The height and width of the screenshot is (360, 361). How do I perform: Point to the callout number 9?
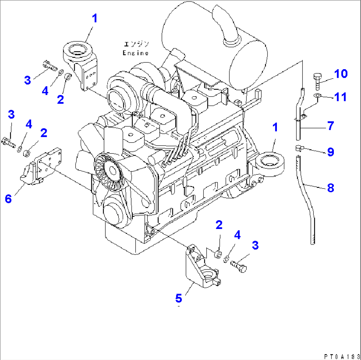(330, 152)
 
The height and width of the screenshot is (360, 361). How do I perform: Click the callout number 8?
(330, 188)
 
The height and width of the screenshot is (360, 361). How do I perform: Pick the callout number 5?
(179, 298)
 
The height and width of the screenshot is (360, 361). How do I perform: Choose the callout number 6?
(8, 199)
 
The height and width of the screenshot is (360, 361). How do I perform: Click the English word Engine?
(135, 53)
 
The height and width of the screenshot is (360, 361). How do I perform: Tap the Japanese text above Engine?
(136, 44)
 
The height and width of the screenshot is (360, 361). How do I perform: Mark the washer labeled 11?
(317, 96)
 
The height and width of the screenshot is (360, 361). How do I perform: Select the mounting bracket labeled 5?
(200, 268)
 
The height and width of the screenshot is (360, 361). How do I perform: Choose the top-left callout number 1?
(95, 19)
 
